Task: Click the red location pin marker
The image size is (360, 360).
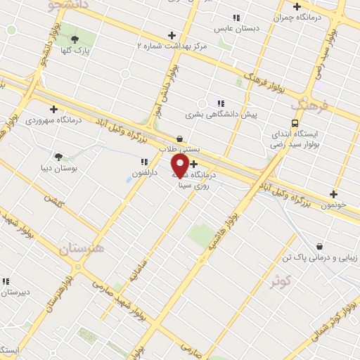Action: (180, 165)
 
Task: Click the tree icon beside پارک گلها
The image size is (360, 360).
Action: (75, 38)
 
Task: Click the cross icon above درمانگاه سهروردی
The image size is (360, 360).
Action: (53, 109)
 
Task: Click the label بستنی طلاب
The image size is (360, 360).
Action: (181, 150)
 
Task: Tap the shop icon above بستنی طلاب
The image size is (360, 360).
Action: (180, 139)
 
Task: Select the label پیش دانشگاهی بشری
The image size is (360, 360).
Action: (221, 113)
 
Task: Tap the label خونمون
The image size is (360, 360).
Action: (334, 205)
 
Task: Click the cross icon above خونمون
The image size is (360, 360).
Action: (333, 194)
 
